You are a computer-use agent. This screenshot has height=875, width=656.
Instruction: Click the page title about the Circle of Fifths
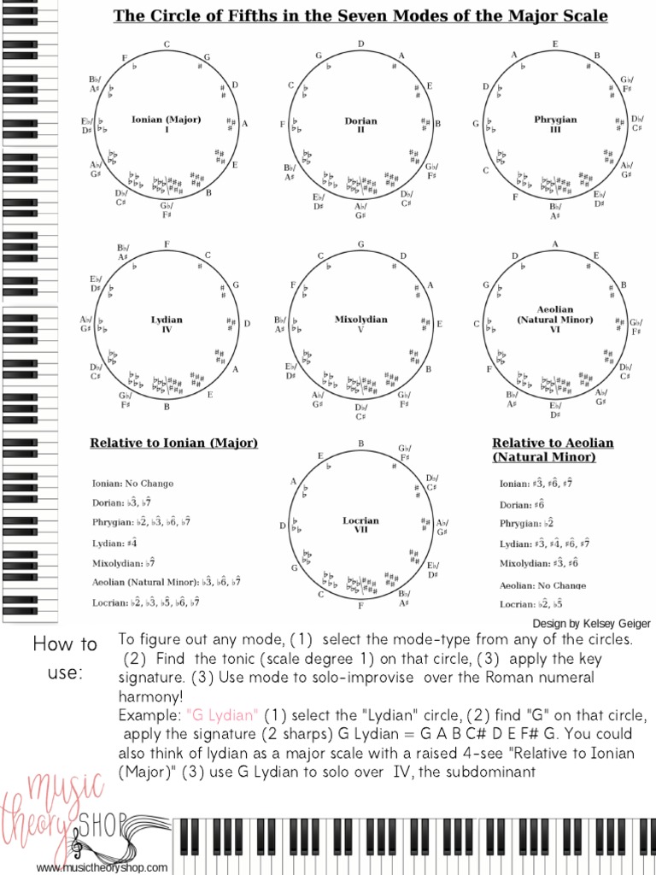pos(360,15)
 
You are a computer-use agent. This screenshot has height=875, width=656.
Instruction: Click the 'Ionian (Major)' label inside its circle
pos(167,120)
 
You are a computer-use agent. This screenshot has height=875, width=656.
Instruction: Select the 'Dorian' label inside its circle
pos(360,121)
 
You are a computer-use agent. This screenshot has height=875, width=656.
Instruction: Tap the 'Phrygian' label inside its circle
pos(555,120)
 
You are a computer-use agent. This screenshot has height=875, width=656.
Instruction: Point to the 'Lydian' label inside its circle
pos(167,320)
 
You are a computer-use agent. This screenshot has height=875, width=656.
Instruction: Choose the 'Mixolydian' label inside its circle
pos(360,319)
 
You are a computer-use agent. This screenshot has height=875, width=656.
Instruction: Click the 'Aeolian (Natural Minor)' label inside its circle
pos(555,314)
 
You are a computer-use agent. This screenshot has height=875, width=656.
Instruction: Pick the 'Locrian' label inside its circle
pos(360,520)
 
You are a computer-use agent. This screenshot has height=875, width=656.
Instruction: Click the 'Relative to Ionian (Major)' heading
pos(173,443)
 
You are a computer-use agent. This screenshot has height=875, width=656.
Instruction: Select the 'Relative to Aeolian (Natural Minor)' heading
pos(553,449)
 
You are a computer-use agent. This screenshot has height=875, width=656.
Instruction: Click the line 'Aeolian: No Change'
pos(543,585)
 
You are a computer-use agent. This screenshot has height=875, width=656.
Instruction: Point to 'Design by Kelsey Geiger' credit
pos(591,623)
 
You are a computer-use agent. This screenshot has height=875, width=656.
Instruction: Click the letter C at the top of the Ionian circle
pos(167,44)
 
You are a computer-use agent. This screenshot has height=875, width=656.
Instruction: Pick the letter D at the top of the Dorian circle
pos(360,44)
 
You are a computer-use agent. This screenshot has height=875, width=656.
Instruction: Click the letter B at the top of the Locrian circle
pos(360,443)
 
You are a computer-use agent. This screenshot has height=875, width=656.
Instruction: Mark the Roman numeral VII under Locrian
pos(360,530)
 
